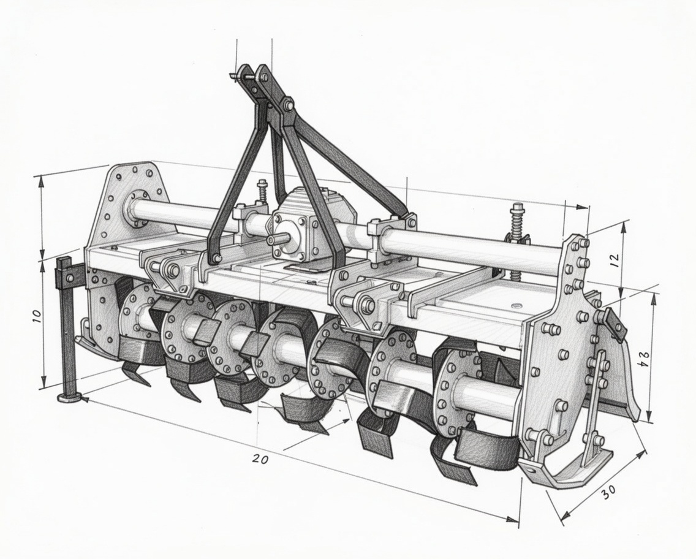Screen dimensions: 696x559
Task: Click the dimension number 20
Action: (x=260, y=458)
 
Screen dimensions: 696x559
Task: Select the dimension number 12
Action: (x=615, y=260)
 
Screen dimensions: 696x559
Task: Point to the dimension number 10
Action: (x=36, y=316)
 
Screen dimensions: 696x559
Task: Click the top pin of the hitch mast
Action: (x=243, y=76)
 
